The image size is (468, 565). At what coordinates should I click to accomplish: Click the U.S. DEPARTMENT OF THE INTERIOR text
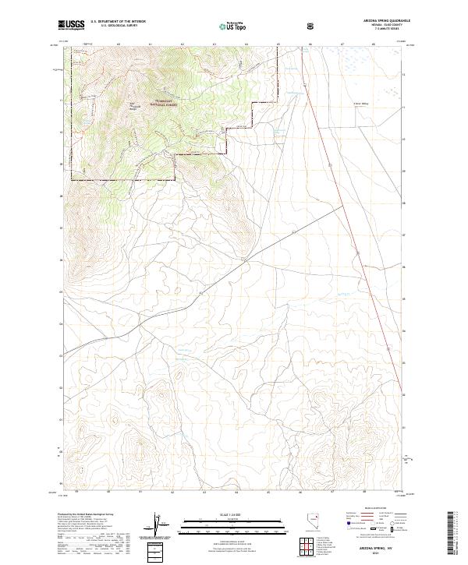click(x=118, y=22)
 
